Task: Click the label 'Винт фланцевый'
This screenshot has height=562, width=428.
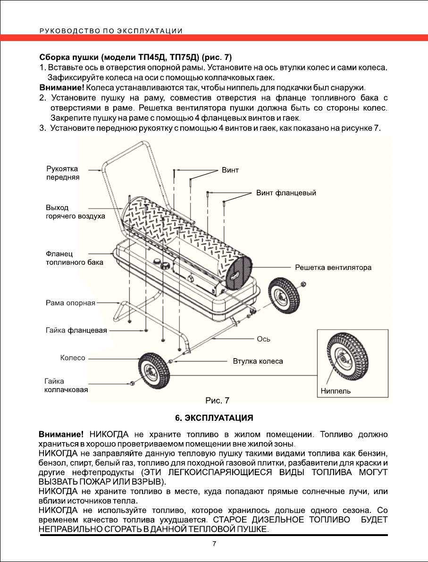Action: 285,193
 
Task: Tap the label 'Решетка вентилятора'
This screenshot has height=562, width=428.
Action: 333,268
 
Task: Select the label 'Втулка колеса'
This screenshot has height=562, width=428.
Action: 258,361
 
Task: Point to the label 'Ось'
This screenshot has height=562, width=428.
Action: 263,339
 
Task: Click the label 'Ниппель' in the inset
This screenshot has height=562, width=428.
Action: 336,391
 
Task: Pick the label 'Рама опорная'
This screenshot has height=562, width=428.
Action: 71,303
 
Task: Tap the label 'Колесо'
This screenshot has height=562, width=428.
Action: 73,358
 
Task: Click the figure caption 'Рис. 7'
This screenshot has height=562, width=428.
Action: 217,401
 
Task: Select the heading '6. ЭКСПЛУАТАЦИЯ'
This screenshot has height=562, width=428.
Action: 214,418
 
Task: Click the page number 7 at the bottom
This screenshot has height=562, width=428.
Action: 214,544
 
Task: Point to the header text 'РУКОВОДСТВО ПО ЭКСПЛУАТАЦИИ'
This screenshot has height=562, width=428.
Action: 111,31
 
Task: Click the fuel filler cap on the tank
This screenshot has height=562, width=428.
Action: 165,267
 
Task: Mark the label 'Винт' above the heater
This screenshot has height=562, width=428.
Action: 230,170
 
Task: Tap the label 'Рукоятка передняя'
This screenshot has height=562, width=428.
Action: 62,173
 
